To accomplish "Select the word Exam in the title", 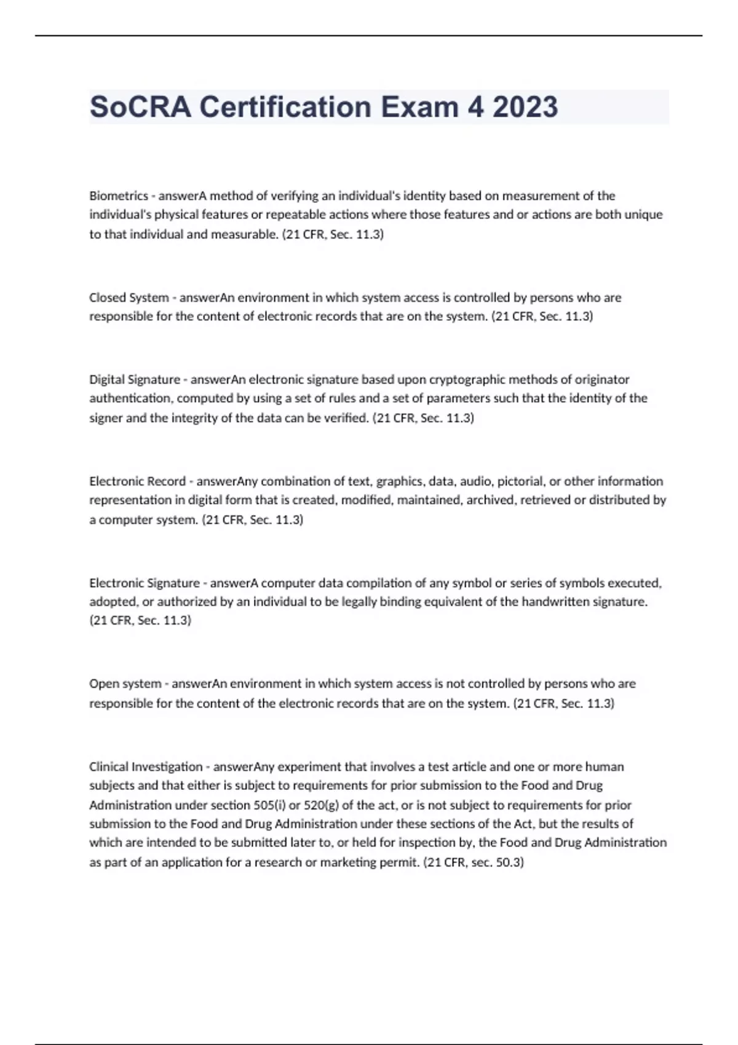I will [x=419, y=107].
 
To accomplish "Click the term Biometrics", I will [x=119, y=196].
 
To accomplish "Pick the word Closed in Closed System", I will [x=107, y=298].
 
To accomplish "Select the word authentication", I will [x=130, y=398].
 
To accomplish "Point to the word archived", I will [x=490, y=500].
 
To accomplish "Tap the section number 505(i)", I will [x=269, y=805].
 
